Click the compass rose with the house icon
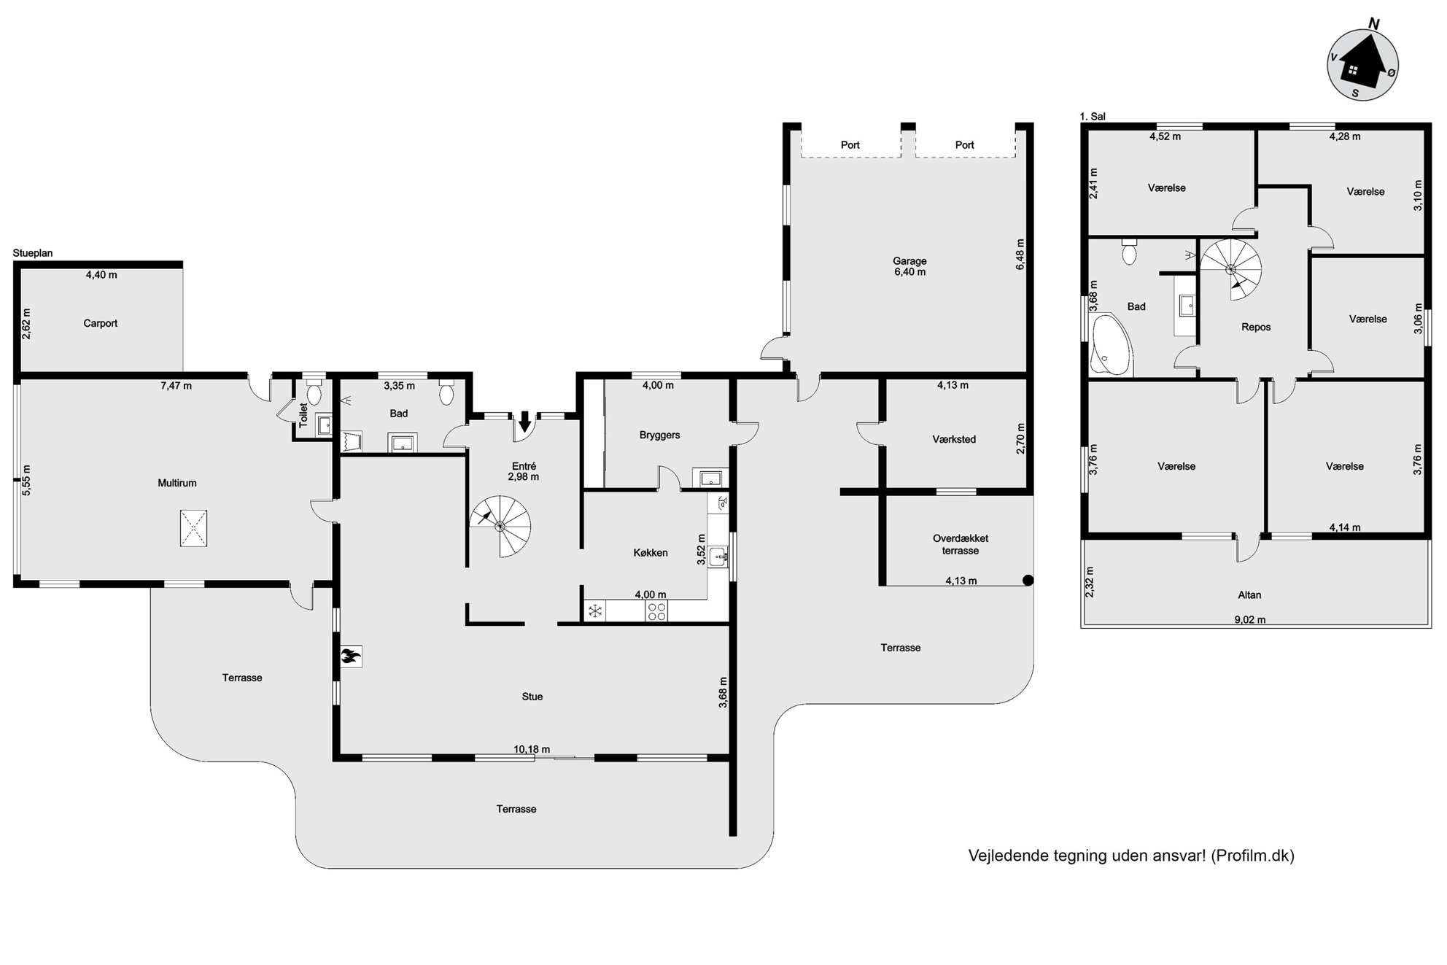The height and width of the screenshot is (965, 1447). [1362, 65]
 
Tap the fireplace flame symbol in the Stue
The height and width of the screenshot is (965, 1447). [351, 656]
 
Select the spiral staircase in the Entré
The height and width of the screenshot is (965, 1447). [500, 526]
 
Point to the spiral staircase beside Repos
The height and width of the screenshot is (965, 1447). [1232, 268]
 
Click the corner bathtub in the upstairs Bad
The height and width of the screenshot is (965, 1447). [1111, 346]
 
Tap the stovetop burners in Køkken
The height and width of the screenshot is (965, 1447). [656, 611]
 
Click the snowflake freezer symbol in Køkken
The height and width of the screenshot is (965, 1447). [595, 611]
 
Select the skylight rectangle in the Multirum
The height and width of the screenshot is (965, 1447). [193, 528]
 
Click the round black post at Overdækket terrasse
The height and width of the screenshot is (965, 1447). [1028, 581]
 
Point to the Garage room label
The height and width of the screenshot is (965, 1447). [909, 261]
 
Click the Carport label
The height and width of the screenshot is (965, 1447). [101, 323]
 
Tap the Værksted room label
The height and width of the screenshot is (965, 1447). [954, 439]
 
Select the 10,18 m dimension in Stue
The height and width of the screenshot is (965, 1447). [532, 749]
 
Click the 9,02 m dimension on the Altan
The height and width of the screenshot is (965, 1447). [1250, 620]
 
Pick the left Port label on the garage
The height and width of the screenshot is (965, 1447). [850, 145]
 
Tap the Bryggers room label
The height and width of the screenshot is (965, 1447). [659, 435]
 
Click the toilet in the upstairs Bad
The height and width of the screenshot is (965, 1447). [1130, 252]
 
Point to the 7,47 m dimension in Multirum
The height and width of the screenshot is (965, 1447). [176, 386]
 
